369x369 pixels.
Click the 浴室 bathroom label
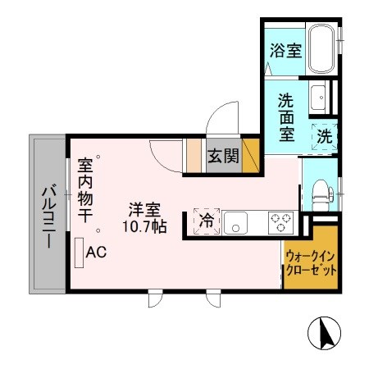286,50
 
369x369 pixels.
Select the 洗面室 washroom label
286,118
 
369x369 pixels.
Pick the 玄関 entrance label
222,156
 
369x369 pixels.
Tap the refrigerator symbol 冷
207,220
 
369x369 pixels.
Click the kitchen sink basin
237,221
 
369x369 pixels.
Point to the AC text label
96,253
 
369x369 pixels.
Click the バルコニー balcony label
48,216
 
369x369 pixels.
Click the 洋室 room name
148,209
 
